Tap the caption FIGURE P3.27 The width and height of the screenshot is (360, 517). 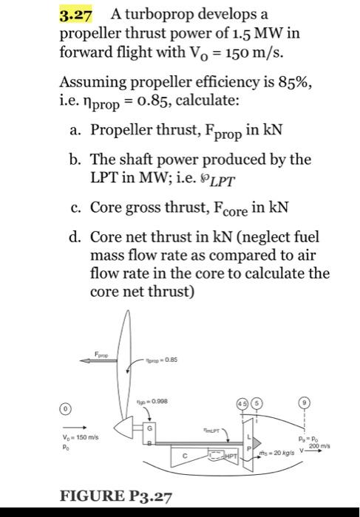[x=112, y=493]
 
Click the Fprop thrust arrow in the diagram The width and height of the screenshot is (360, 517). [x=95, y=360]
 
